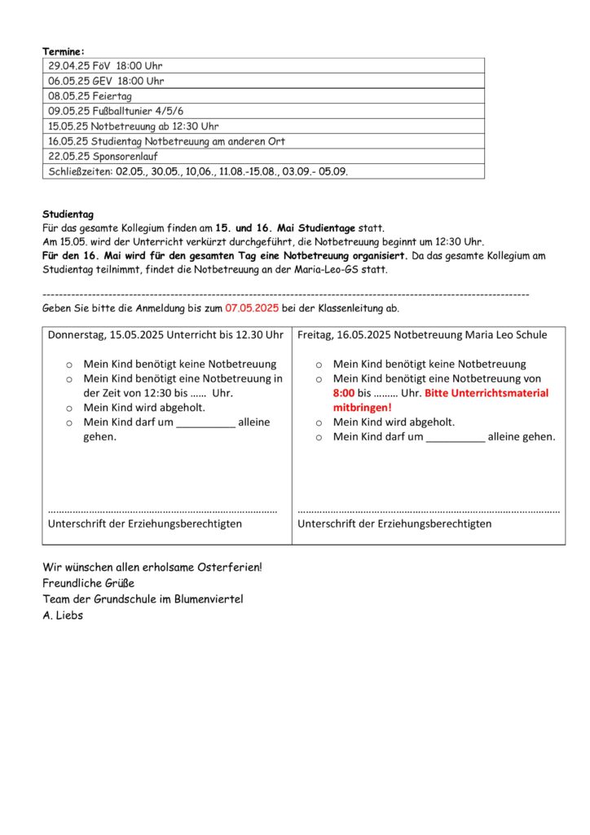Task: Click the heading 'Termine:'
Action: [64, 51]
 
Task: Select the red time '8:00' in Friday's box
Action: [344, 392]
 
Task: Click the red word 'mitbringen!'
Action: [363, 407]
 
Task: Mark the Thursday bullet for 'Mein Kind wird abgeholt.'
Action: [69, 408]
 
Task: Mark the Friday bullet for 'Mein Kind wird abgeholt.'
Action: [319, 422]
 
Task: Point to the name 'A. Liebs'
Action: [63, 616]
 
